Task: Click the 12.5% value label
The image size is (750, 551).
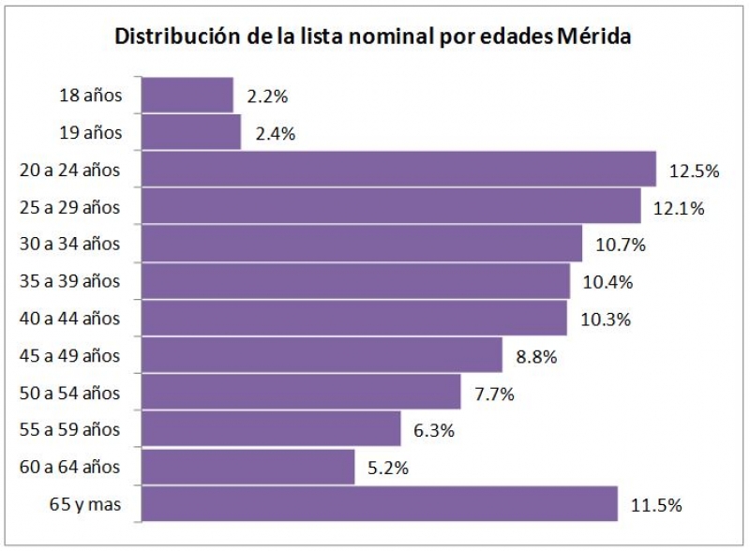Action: pyautogui.click(x=694, y=171)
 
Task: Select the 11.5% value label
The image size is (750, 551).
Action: pyautogui.click(x=656, y=505)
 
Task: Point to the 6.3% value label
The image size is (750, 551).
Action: pyautogui.click(x=434, y=431)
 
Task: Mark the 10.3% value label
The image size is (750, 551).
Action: pyautogui.click(x=606, y=320)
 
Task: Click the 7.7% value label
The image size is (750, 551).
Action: pyautogui.click(x=494, y=394)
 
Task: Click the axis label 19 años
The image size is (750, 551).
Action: pyautogui.click(x=90, y=132)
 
